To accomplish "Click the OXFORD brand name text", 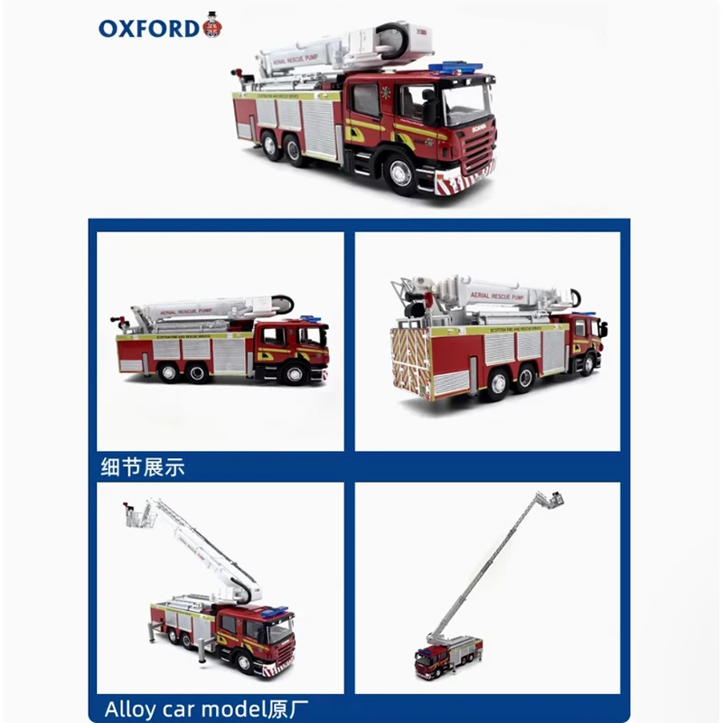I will point(148,27).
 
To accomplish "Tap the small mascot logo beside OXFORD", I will point(212,25).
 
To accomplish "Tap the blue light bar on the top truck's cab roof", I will point(454,67).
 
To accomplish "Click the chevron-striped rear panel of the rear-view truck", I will point(411,361).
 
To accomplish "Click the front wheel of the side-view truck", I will point(291,372).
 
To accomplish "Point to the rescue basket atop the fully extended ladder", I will point(549,499).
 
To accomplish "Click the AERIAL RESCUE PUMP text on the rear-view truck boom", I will point(493,294).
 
